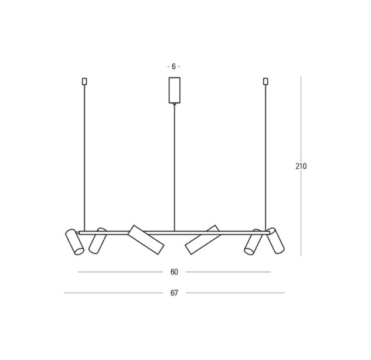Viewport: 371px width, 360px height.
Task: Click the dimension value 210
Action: click(301, 167)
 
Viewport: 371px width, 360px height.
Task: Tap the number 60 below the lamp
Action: click(174, 272)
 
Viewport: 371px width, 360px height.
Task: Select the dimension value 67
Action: click(174, 293)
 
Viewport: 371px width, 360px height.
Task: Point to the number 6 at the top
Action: click(174, 67)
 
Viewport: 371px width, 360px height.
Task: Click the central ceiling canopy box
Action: click(175, 90)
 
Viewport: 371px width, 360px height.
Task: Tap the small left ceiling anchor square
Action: click(84, 81)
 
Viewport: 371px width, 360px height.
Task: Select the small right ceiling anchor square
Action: click(266, 81)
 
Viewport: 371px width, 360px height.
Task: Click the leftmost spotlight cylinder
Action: click(74, 242)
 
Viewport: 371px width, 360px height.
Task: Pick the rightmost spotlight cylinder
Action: click(275, 241)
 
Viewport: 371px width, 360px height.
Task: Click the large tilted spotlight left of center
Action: click(146, 240)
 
